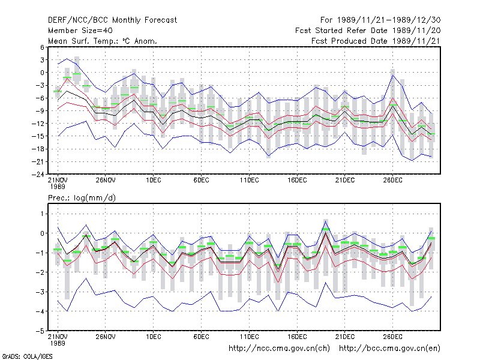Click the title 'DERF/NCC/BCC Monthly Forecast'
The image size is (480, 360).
[x=112, y=20]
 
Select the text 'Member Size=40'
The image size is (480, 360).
[x=80, y=31]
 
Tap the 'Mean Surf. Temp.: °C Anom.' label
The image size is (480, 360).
[x=103, y=41]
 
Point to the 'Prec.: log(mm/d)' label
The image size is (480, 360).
[x=82, y=198]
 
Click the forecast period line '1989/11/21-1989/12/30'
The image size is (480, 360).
[x=389, y=20]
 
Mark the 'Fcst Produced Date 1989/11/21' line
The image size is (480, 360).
[x=376, y=41]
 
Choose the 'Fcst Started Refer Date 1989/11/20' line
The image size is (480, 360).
[x=368, y=31]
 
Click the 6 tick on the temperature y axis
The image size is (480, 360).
[x=42, y=47]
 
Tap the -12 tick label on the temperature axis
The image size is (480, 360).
[x=38, y=124]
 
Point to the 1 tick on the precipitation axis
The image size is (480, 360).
[x=42, y=214]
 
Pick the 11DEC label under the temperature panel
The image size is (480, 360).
[x=249, y=181]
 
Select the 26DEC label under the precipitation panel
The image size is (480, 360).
[x=393, y=337]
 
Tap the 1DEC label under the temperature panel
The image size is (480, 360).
[x=154, y=181]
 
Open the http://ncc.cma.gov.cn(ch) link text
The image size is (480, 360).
[x=279, y=349]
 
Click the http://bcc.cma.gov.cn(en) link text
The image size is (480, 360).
[x=389, y=349]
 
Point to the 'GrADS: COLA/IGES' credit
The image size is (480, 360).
[x=27, y=356]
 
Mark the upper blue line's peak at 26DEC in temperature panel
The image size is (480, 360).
[x=393, y=76]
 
